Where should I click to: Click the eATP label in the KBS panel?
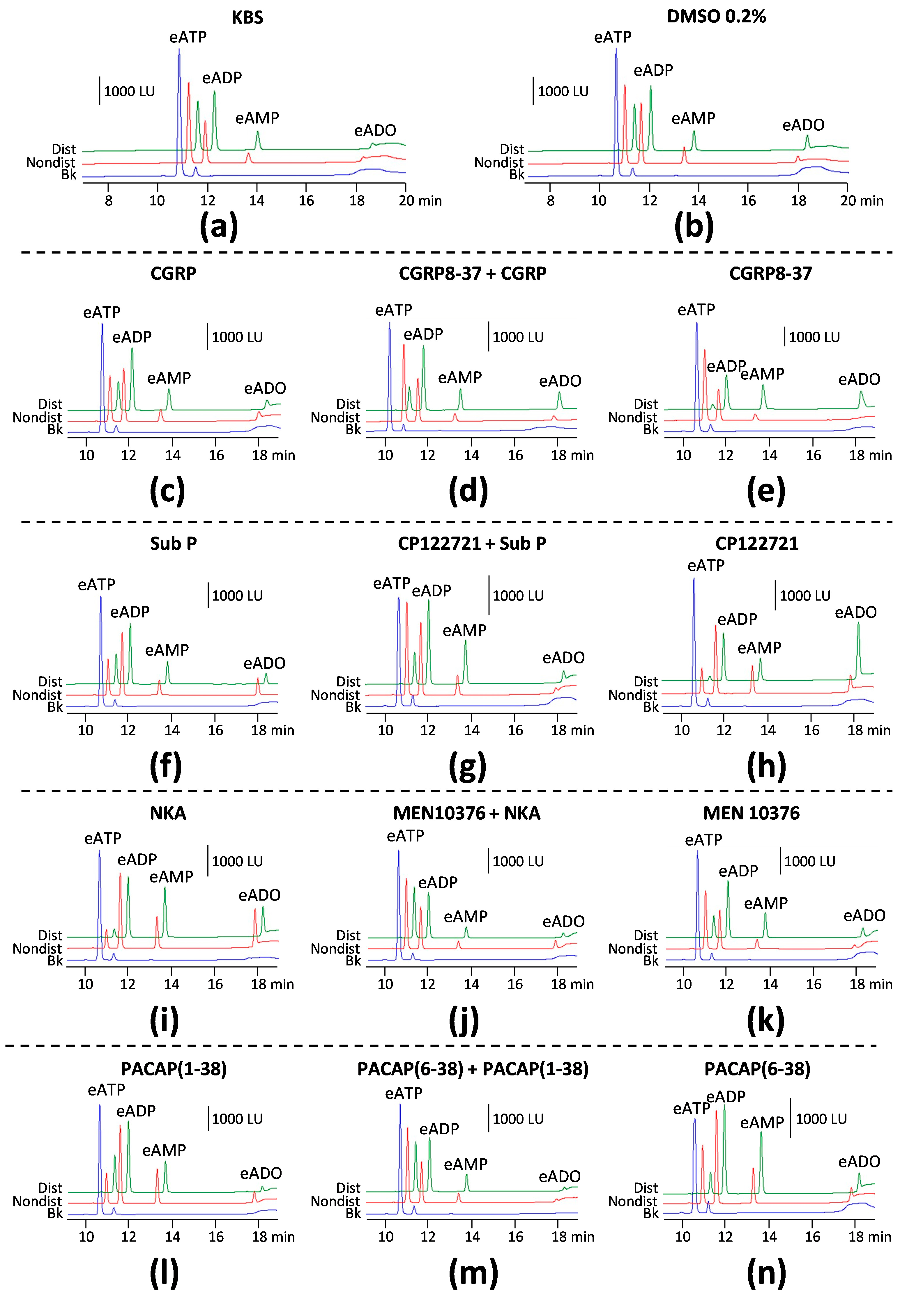[x=188, y=37]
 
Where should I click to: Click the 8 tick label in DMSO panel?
[x=550, y=200]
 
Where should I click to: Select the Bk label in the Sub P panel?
[x=55, y=707]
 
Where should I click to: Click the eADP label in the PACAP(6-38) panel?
[x=726, y=1097]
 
